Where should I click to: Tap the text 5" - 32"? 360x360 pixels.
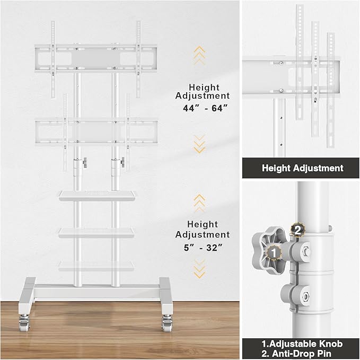click(x=202, y=247)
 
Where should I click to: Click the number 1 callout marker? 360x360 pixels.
click(x=273, y=253)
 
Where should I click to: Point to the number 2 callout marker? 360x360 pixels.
click(x=298, y=230)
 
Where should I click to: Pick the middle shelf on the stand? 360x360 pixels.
click(x=95, y=232)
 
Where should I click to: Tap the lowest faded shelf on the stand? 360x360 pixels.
click(x=95, y=265)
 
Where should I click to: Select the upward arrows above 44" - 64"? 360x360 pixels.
click(x=199, y=55)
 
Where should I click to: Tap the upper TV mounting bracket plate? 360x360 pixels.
click(x=95, y=57)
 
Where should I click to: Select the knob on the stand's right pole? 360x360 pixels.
click(x=124, y=161)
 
